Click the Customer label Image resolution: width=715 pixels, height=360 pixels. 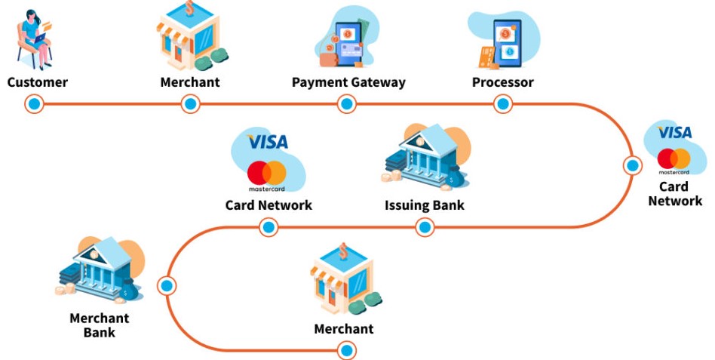[x=38, y=82]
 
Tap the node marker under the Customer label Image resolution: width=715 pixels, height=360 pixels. [x=34, y=104]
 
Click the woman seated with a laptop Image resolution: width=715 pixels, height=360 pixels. [x=35, y=39]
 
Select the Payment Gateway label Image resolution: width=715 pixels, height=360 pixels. [x=348, y=82]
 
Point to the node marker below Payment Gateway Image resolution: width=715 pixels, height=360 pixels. [x=346, y=104]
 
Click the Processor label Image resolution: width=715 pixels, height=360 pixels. [x=502, y=82]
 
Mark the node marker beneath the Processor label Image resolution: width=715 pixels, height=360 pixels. [x=503, y=104]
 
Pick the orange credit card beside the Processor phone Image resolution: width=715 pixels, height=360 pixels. [x=487, y=57]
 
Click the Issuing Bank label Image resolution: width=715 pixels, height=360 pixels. [x=425, y=205]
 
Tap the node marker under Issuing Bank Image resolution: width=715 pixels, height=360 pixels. [x=425, y=226]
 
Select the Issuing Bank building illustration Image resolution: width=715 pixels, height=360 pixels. [x=424, y=158]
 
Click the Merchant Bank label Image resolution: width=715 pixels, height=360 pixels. [x=100, y=325]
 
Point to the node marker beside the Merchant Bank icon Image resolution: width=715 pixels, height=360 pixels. [x=167, y=285]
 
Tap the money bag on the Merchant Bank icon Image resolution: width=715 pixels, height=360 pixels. [x=130, y=290]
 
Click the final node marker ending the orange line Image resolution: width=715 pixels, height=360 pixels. [x=346, y=351]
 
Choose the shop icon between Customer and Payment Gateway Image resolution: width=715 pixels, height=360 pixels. [x=192, y=36]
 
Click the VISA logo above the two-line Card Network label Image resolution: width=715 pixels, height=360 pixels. [x=674, y=132]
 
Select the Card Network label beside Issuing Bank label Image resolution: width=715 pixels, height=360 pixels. [x=269, y=205]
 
